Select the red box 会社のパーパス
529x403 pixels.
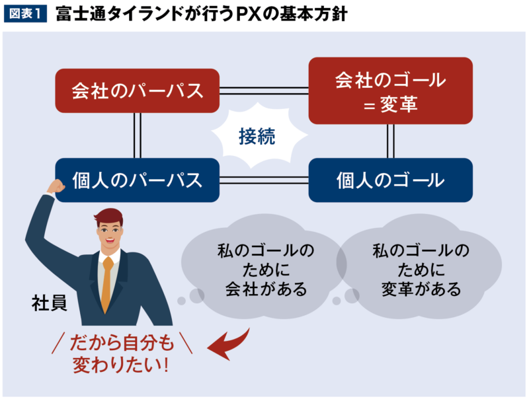(x=137, y=91)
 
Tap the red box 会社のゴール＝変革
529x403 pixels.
(x=390, y=91)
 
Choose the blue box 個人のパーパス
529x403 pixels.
(x=137, y=180)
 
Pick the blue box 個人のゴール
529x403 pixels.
(x=390, y=180)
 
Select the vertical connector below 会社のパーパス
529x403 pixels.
(x=138, y=135)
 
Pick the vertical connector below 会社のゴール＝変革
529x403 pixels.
(x=391, y=141)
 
